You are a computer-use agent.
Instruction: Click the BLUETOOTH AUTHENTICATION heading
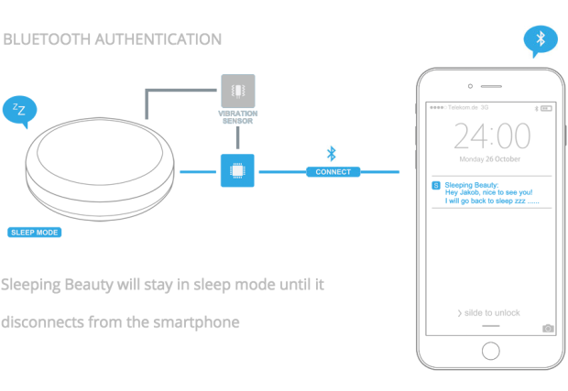pyautogui.click(x=113, y=39)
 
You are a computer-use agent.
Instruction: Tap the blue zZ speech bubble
pyautogui.click(x=19, y=111)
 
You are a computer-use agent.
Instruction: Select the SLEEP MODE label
pyautogui.click(x=35, y=233)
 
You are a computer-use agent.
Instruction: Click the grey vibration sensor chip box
pyautogui.click(x=238, y=91)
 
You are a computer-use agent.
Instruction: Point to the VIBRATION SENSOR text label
pyautogui.click(x=237, y=117)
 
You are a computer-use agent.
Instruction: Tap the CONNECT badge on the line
pyautogui.click(x=333, y=171)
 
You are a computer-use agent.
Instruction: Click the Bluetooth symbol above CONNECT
pyautogui.click(x=332, y=153)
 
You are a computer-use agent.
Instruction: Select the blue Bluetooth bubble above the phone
pyautogui.click(x=541, y=39)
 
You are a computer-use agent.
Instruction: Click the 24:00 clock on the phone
pyautogui.click(x=492, y=137)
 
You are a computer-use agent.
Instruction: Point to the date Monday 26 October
pyautogui.click(x=492, y=158)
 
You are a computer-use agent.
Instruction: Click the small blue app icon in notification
pyautogui.click(x=435, y=185)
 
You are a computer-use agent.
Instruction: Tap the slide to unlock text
pyautogui.click(x=491, y=313)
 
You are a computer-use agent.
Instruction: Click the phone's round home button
pyautogui.click(x=492, y=352)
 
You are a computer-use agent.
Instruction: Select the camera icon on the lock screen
pyautogui.click(x=548, y=328)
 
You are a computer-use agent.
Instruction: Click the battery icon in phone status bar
pyautogui.click(x=547, y=107)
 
